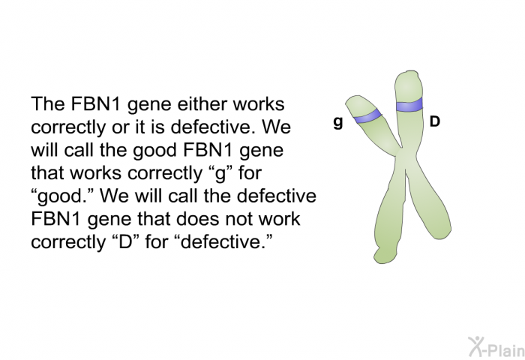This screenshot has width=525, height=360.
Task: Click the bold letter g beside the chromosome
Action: tap(338, 122)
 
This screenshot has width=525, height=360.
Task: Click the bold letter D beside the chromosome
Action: tap(434, 121)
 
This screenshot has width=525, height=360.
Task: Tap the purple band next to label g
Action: tap(367, 115)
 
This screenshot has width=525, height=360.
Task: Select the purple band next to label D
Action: tap(409, 105)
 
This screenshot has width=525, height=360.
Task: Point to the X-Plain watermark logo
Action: tap(496, 347)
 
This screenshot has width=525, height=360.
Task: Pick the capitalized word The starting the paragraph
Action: tap(48, 103)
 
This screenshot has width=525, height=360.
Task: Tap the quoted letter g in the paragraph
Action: tap(220, 173)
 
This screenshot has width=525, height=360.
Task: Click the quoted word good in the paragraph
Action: tap(63, 196)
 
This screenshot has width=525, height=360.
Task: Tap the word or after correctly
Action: tap(120, 128)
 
